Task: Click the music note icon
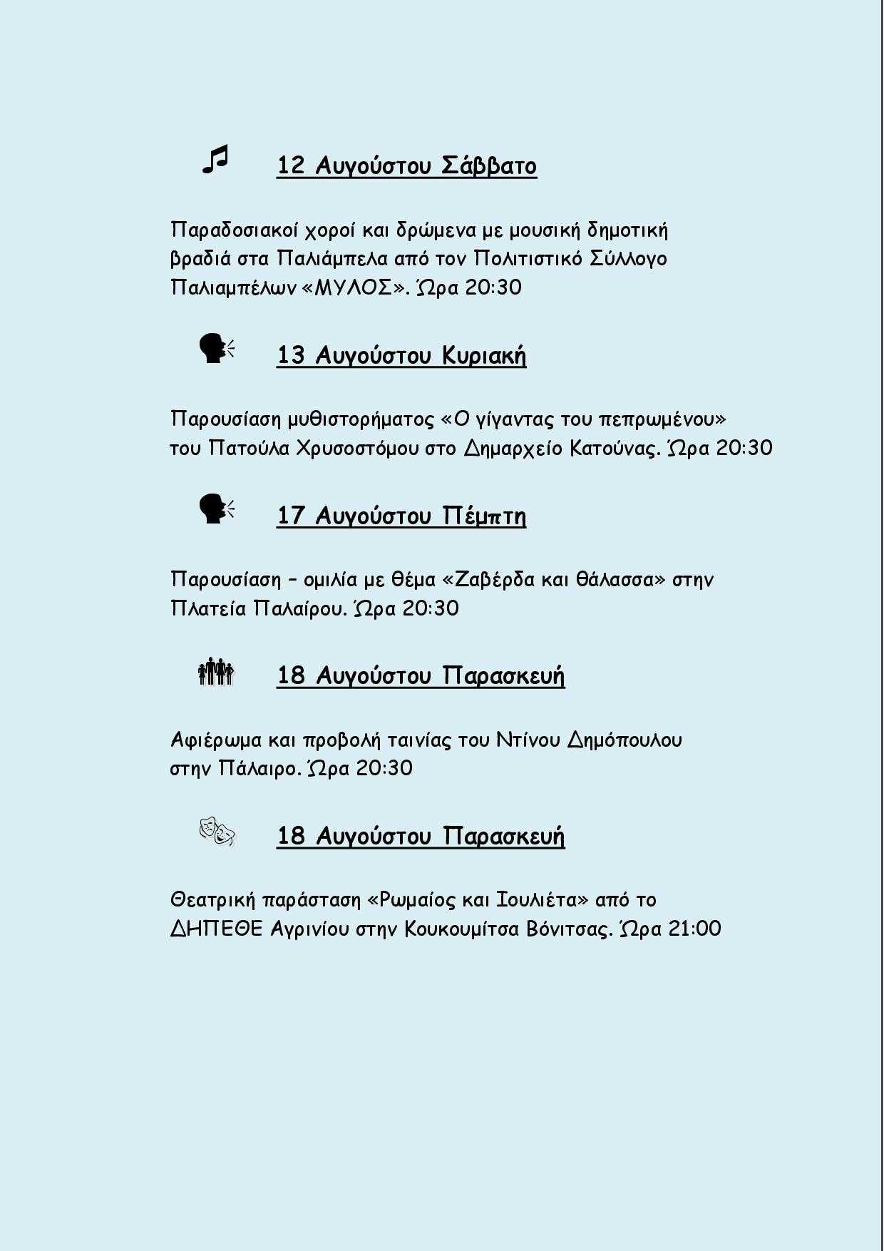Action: pyautogui.click(x=215, y=160)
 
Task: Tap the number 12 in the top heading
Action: pyautogui.click(x=291, y=165)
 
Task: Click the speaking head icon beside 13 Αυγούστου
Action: pyautogui.click(x=216, y=349)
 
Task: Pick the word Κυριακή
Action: pyautogui.click(x=484, y=355)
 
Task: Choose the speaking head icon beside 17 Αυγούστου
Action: pyautogui.click(x=216, y=509)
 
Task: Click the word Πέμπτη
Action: pyautogui.click(x=484, y=516)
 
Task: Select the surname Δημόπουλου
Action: pyautogui.click(x=625, y=740)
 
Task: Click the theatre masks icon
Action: pyautogui.click(x=217, y=832)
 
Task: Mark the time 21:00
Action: pyautogui.click(x=695, y=929)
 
